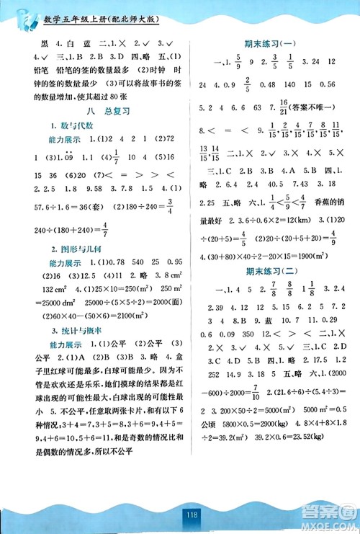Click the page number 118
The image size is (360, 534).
(180, 516)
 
